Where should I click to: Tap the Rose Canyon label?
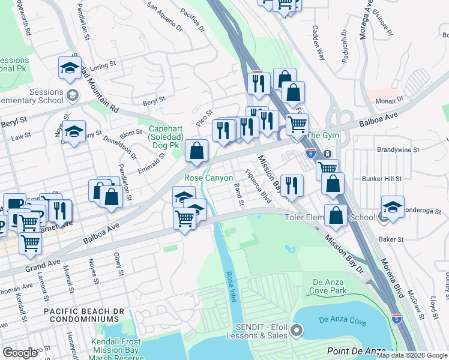(x=208, y=178)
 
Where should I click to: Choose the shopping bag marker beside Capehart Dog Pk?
(x=196, y=152)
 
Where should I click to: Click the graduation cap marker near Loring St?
(x=70, y=68)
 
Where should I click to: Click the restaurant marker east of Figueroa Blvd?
(x=291, y=185)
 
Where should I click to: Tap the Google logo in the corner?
(x=20, y=353)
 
